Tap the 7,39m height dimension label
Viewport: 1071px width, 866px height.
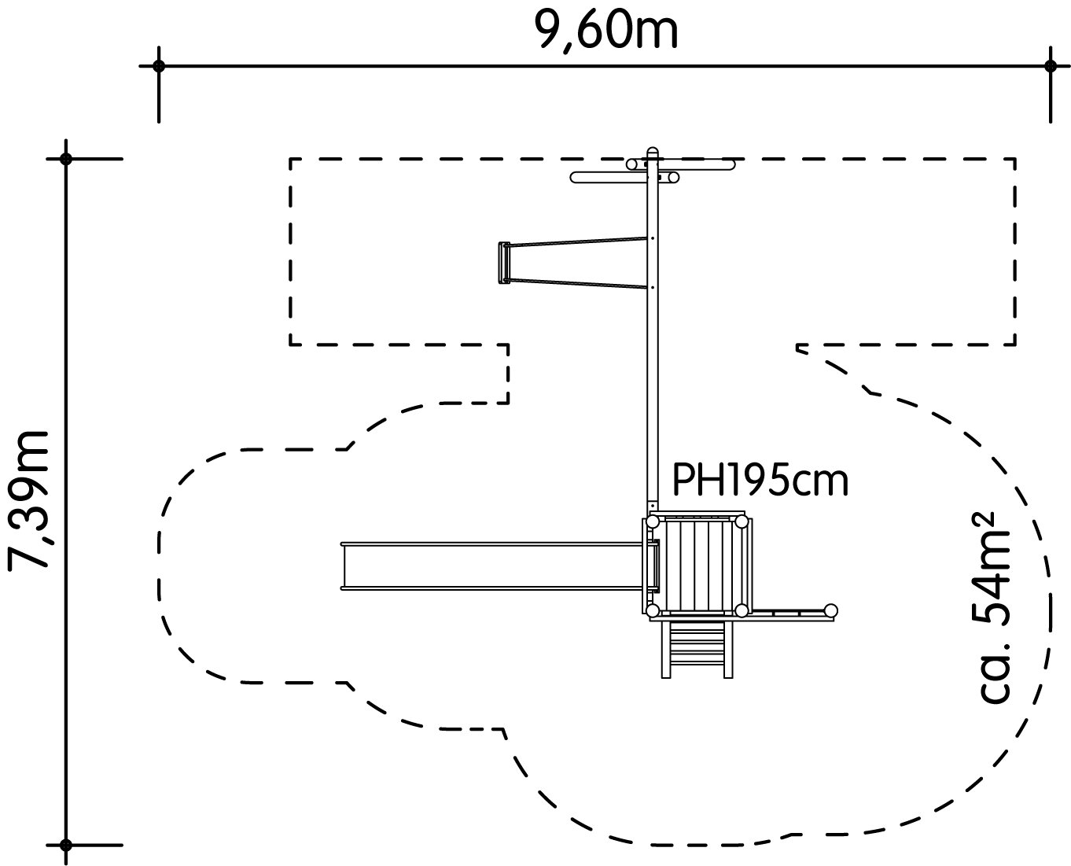[29, 499]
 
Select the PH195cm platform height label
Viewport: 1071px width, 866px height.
[760, 480]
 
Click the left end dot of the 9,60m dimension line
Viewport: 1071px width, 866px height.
[159, 66]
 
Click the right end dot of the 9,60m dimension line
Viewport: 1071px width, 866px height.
[1051, 66]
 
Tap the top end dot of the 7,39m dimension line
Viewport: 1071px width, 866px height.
[66, 159]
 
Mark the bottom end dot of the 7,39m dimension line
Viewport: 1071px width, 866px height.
[66, 846]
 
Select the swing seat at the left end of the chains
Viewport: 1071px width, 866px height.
[502, 262]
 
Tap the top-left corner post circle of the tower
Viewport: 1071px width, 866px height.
[653, 521]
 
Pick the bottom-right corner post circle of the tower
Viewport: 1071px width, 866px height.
[741, 610]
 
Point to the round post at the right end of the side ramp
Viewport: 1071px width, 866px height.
[830, 610]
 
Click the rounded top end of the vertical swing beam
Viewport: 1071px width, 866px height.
[652, 151]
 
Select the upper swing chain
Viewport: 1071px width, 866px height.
[580, 241]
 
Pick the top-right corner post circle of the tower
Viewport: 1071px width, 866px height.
[741, 521]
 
